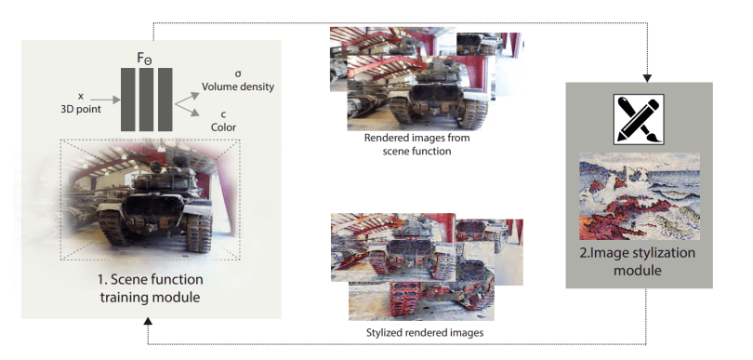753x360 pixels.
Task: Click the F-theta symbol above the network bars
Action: click(x=144, y=59)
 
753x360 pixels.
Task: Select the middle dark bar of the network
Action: click(x=147, y=100)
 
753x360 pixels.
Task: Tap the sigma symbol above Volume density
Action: click(x=238, y=74)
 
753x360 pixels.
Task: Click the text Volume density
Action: click(x=238, y=87)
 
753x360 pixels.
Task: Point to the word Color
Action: click(x=224, y=127)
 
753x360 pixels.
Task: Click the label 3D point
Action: click(x=81, y=109)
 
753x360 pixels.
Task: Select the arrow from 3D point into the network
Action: click(x=110, y=100)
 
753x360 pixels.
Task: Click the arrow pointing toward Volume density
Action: click(x=187, y=97)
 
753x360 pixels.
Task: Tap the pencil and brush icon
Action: click(x=639, y=119)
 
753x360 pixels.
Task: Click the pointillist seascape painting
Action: click(x=640, y=196)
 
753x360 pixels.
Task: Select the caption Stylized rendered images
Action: click(x=425, y=333)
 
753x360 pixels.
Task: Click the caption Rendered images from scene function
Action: click(x=416, y=144)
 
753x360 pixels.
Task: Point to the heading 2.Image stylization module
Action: click(x=638, y=261)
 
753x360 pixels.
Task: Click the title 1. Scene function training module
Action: click(x=151, y=288)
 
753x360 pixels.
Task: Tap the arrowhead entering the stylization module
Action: click(x=647, y=78)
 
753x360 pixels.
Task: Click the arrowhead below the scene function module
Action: click(x=148, y=321)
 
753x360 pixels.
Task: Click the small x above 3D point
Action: click(x=81, y=97)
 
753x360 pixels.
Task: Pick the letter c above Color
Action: click(x=224, y=114)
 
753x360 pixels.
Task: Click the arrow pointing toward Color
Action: click(x=187, y=109)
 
